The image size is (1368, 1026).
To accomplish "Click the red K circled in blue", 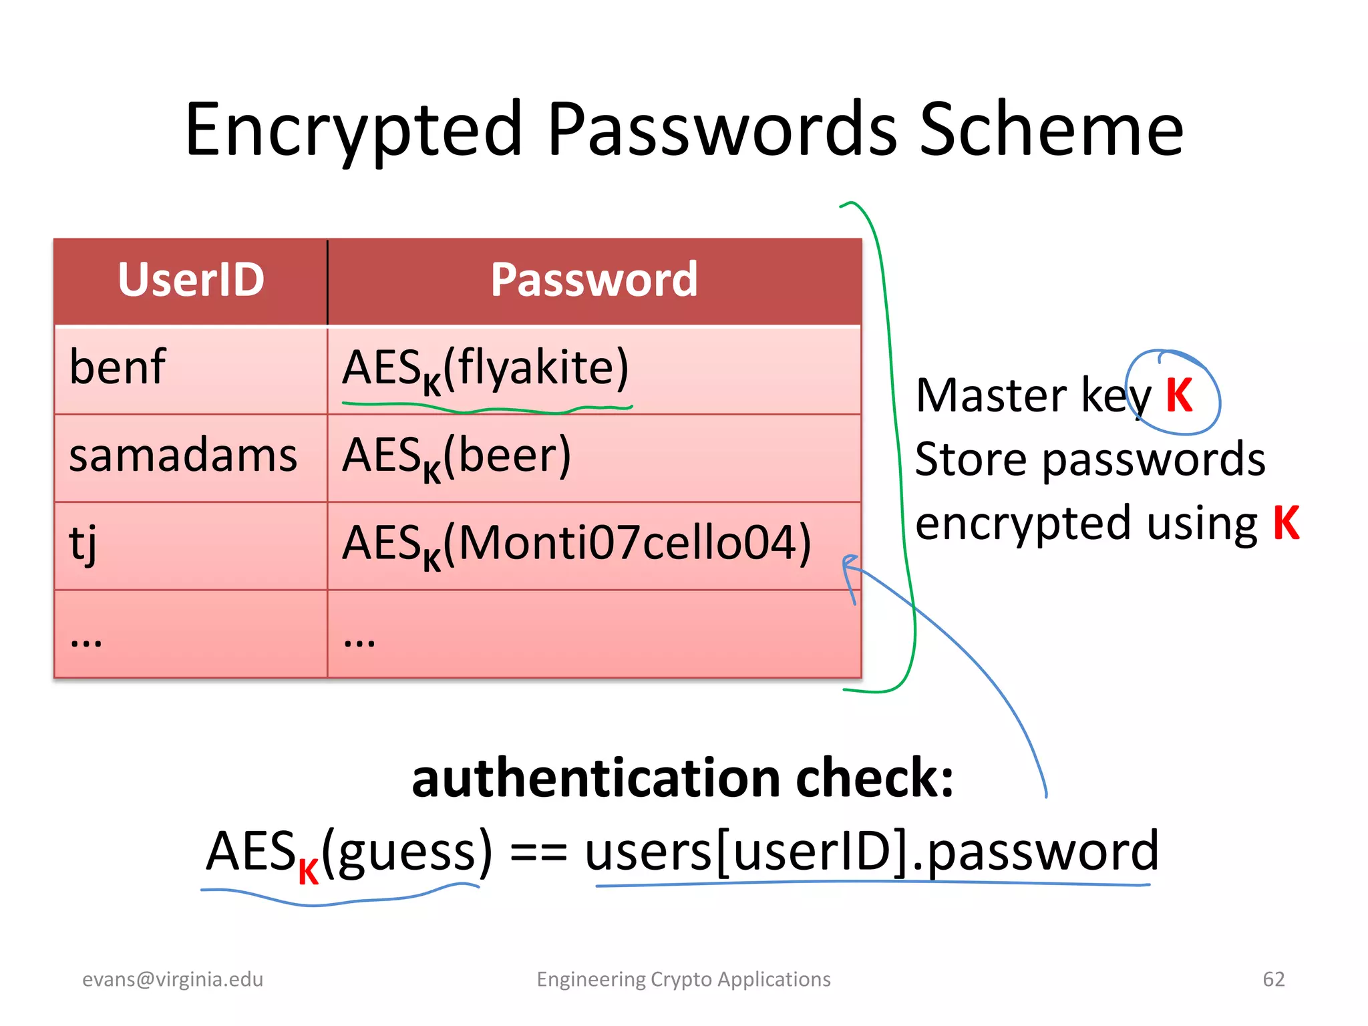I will tap(1179, 395).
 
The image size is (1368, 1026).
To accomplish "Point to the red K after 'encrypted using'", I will tap(1286, 523).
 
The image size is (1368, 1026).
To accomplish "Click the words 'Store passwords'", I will tap(1089, 460).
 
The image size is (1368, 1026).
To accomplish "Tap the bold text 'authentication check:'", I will tap(683, 779).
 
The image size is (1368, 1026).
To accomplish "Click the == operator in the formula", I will tap(538, 853).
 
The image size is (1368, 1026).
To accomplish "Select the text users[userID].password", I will tap(872, 852).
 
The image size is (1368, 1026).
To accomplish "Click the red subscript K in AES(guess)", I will tap(308, 872).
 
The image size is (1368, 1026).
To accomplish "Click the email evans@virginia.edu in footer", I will tap(172, 979).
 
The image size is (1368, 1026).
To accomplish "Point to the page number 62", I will tap(1273, 979).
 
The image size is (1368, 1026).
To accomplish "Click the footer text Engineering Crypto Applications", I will tap(683, 979).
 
